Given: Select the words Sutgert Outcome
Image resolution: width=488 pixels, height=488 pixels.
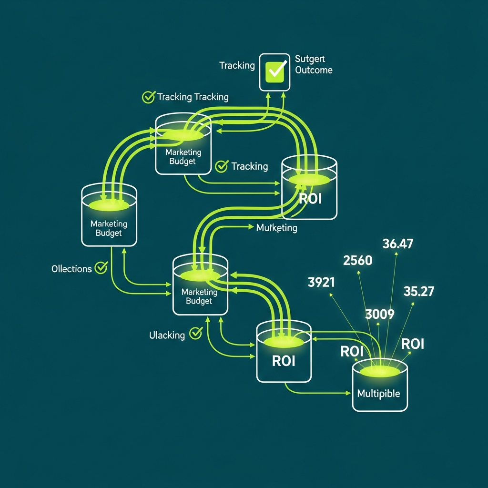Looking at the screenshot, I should click(313, 64).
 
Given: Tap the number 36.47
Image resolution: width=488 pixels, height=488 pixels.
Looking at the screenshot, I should click(397, 244).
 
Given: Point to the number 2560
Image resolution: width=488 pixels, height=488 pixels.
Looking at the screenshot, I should click(357, 260).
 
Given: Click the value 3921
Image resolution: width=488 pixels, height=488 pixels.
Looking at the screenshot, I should click(321, 282).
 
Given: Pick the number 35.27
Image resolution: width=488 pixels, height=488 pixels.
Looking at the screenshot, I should click(418, 291).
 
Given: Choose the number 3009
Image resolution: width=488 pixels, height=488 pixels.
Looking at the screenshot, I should click(379, 314).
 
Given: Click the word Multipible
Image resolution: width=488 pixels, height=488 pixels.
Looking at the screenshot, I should click(378, 394).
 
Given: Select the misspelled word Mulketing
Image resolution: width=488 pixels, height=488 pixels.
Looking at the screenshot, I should click(276, 228).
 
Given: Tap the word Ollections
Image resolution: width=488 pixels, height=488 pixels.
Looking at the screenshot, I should click(71, 269).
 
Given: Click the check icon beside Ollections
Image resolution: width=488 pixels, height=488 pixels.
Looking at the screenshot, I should click(101, 267).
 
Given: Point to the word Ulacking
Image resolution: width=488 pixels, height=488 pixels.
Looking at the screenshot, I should click(167, 335).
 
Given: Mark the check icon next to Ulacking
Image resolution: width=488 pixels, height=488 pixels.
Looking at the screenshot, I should click(195, 333).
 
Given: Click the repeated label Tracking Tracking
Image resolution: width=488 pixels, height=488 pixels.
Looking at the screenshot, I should click(193, 97).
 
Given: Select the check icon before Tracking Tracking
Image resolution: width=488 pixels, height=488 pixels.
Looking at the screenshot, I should click(149, 97).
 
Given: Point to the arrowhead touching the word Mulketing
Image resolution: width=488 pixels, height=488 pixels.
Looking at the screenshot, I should click(252, 228).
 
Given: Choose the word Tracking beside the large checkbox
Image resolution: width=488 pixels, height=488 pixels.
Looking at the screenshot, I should click(237, 65).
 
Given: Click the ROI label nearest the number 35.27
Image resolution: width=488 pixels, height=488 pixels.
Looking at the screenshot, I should click(413, 344).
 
